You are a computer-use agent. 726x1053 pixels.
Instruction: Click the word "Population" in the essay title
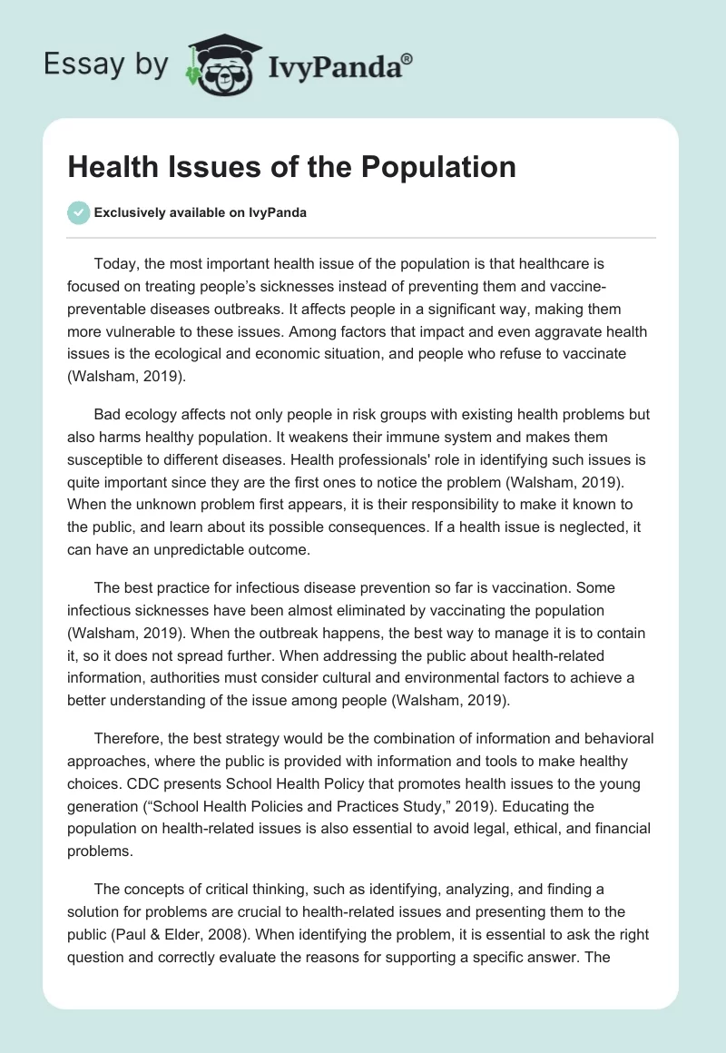click(x=437, y=166)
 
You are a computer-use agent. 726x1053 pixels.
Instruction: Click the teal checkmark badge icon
click(x=78, y=212)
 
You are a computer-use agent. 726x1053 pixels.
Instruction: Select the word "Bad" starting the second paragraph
click(x=108, y=414)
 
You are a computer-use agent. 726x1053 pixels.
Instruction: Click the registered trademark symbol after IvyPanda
click(x=407, y=58)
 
